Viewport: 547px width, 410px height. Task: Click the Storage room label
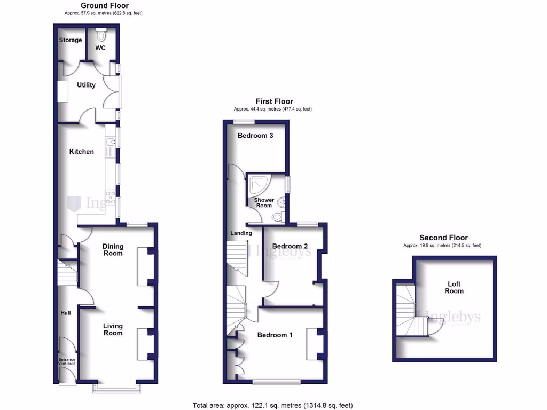(71, 40)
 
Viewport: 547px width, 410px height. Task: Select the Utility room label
(86, 85)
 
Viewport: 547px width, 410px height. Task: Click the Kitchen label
(82, 152)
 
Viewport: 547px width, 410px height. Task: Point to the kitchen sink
(111, 143)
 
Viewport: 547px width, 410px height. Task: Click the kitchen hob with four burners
(111, 198)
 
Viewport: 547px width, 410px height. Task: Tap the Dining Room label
(113, 250)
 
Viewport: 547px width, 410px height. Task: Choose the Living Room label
(113, 329)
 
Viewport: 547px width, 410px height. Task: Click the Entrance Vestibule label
(67, 361)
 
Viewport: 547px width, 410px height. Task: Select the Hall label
(66, 313)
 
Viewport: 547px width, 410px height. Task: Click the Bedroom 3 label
(255, 136)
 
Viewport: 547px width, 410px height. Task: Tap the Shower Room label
(264, 203)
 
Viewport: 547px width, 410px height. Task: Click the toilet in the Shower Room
(277, 217)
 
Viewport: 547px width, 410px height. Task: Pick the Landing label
(241, 233)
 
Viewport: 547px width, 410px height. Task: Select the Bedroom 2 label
(290, 246)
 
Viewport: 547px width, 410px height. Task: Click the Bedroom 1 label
(275, 335)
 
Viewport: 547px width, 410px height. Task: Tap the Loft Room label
(454, 287)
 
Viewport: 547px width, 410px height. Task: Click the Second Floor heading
(443, 238)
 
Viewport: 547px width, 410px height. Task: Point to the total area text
(273, 405)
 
